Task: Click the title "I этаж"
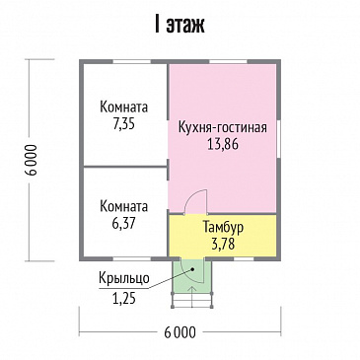pyautogui.click(x=180, y=25)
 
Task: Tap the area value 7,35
pyautogui.click(x=123, y=124)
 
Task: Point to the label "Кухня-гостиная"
pyautogui.click(x=223, y=127)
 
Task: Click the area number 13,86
pyautogui.click(x=223, y=144)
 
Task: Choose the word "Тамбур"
pyautogui.click(x=223, y=228)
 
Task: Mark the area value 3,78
pyautogui.click(x=223, y=245)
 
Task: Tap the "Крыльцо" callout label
pyautogui.click(x=124, y=279)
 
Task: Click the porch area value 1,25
pyautogui.click(x=124, y=299)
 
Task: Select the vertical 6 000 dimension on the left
pyautogui.click(x=34, y=160)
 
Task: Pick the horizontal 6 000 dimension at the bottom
pyautogui.click(x=180, y=332)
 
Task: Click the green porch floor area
pyautogui.click(x=191, y=275)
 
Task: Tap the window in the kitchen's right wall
pyautogui.click(x=278, y=139)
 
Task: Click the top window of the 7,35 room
pyautogui.click(x=132, y=61)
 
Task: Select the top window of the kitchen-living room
pyautogui.click(x=228, y=61)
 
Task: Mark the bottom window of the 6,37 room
pyautogui.click(x=132, y=258)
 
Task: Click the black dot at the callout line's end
pyautogui.click(x=191, y=269)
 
